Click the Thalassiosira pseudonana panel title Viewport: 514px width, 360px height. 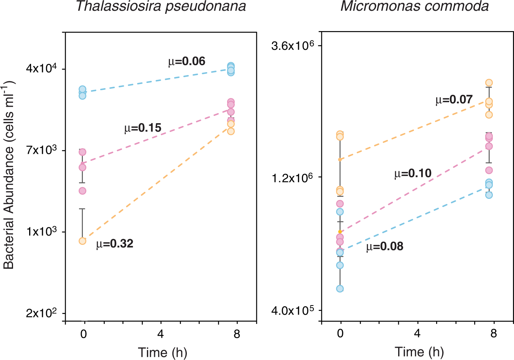pyautogui.click(x=161, y=7)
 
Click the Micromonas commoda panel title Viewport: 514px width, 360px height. pyautogui.click(x=414, y=7)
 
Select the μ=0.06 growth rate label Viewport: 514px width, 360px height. pyautogui.click(x=187, y=61)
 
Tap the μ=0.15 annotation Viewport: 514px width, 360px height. pyautogui.click(x=143, y=128)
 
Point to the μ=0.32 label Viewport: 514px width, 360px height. pyautogui.click(x=115, y=244)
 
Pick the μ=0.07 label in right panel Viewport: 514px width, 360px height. pyautogui.click(x=454, y=100)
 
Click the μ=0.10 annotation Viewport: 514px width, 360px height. pyautogui.click(x=413, y=173)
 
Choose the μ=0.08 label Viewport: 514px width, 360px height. pyautogui.click(x=385, y=246)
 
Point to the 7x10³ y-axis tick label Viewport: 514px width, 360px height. pyautogui.click(x=41, y=150)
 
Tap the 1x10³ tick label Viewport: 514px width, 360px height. pyautogui.click(x=41, y=231)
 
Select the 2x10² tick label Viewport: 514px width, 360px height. pyautogui.click(x=41, y=313)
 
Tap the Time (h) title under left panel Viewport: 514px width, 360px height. pyautogui.click(x=162, y=352)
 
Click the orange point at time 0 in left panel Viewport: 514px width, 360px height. pyautogui.click(x=82, y=241)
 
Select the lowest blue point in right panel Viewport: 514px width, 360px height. pyautogui.click(x=340, y=289)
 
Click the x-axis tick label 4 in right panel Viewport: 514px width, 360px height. pyautogui.click(x=417, y=334)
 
